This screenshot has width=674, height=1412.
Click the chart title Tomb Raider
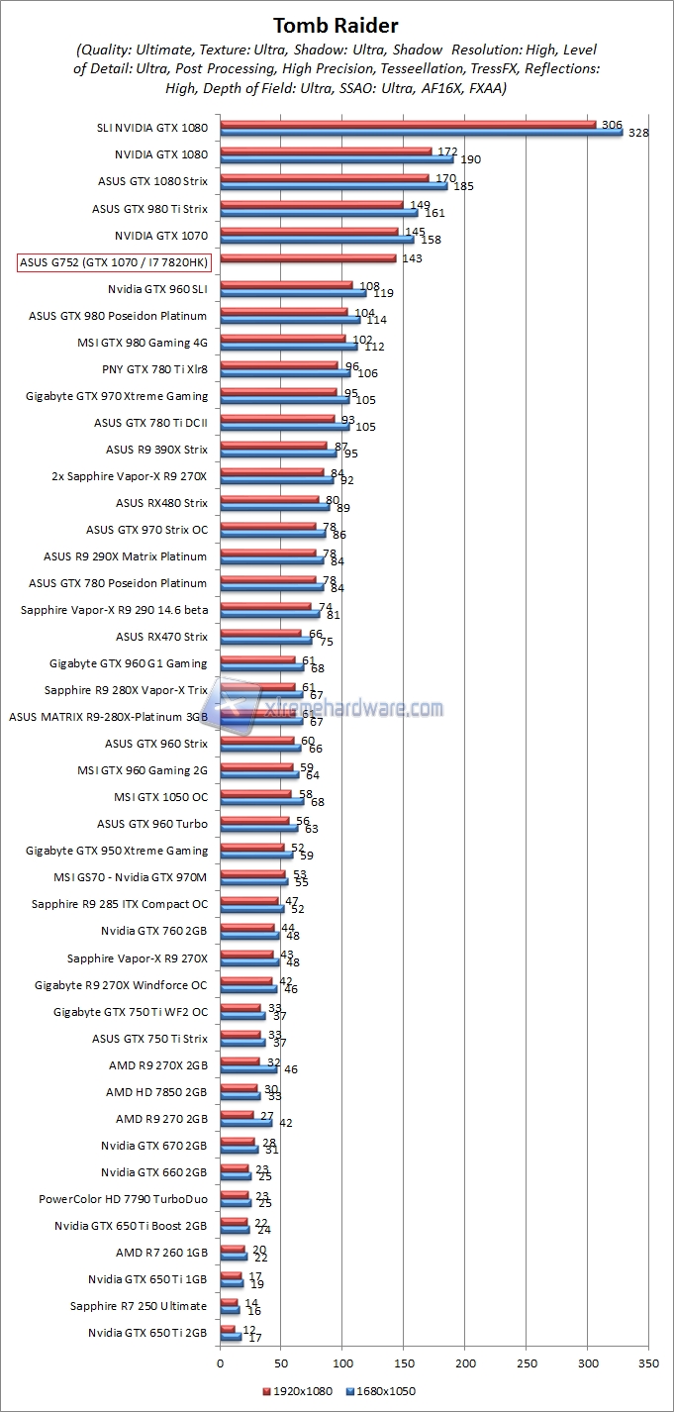point(337,25)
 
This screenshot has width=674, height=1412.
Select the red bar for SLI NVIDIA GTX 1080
point(408,124)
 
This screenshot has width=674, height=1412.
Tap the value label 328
point(638,132)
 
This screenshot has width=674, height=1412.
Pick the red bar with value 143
point(308,258)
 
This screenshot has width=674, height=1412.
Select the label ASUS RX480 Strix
point(162,503)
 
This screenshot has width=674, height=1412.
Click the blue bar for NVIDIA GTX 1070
point(317,239)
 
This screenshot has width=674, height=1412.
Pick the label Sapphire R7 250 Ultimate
point(139,1306)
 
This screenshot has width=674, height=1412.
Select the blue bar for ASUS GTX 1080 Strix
point(334,185)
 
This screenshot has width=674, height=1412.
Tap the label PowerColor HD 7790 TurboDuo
point(124,1199)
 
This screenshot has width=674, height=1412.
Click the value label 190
point(471,158)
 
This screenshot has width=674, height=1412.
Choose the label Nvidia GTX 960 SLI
point(158,289)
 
